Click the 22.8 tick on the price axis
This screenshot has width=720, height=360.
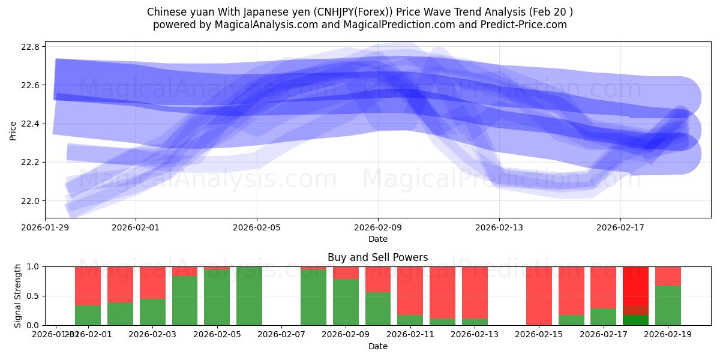tap(31, 47)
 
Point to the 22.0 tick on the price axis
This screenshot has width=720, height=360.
tap(31, 201)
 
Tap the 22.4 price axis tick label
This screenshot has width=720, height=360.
tap(31, 124)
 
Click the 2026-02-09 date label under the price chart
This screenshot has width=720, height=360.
tap(378, 228)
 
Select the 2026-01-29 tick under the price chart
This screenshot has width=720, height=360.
tap(46, 228)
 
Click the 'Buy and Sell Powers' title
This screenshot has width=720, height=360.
tap(378, 258)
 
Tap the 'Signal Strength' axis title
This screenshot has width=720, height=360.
tap(18, 296)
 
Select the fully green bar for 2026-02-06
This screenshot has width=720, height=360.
tap(249, 296)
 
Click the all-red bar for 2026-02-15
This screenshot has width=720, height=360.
tap(539, 296)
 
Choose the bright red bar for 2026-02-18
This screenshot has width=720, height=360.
tap(635, 285)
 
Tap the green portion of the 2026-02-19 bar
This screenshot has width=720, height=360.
tap(668, 306)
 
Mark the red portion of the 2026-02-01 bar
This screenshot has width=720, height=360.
tap(88, 286)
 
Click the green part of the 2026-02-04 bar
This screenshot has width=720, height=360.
tap(185, 301)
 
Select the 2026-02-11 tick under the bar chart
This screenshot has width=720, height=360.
tap(410, 334)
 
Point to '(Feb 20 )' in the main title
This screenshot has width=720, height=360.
tap(551, 12)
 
